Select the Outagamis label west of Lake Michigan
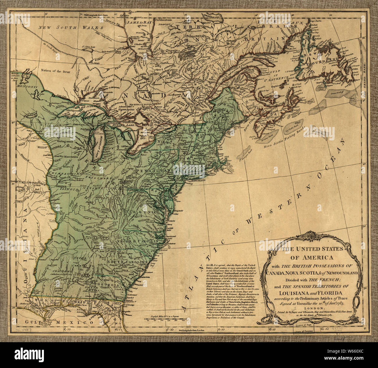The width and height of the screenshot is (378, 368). [x=66, y=140]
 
